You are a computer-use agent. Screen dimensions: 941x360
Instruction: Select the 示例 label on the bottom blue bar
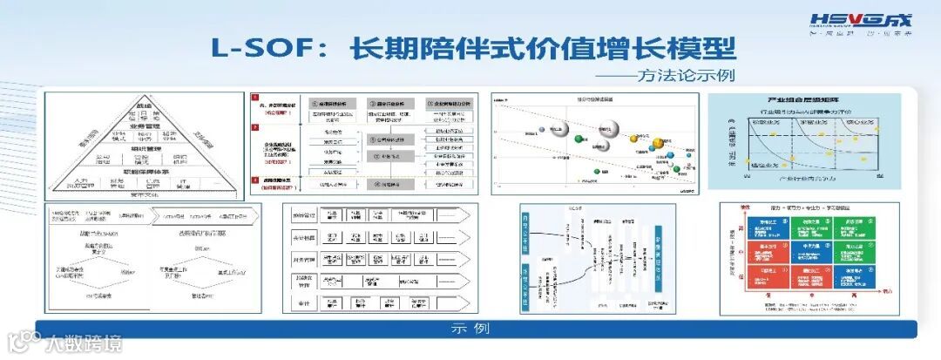click(470, 329)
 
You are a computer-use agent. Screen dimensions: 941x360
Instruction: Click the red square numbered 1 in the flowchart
click(255, 103)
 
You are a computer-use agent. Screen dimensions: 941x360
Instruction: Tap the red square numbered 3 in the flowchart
click(255, 181)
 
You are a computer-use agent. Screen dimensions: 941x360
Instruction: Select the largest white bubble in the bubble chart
click(558, 130)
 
